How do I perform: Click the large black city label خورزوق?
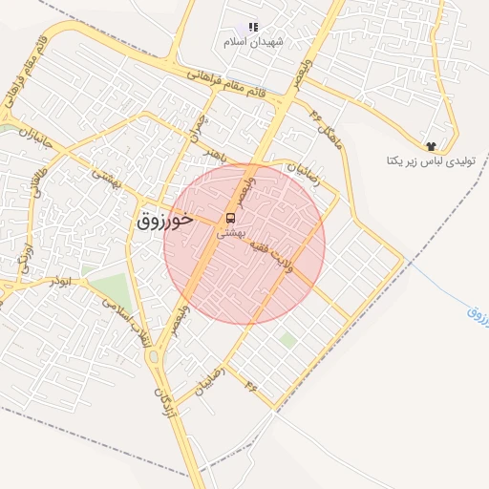pyautogui.click(x=165, y=220)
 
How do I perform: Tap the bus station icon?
pyautogui.click(x=230, y=217)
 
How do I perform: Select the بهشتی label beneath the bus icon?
pyautogui.click(x=231, y=232)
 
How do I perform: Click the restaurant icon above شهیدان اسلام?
pyautogui.click(x=253, y=28)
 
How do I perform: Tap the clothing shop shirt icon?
pyautogui.click(x=432, y=146)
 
